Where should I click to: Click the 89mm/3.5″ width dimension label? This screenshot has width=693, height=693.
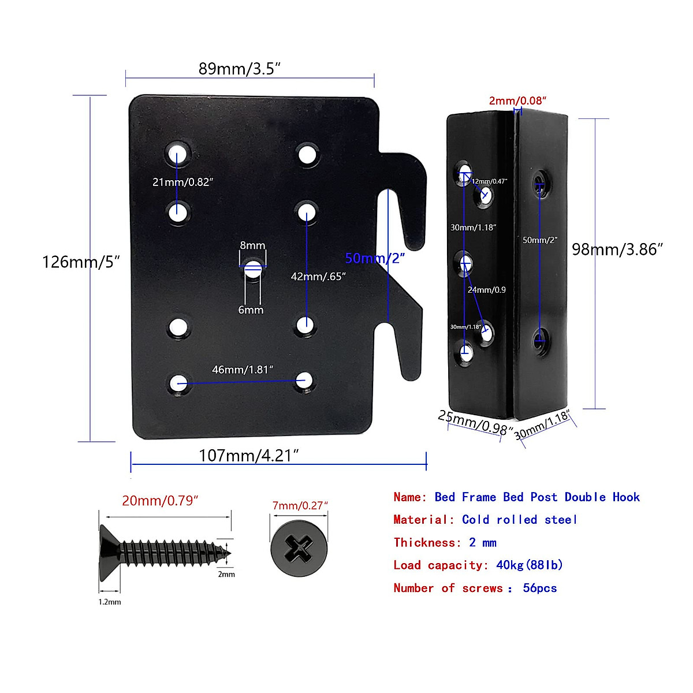[x=239, y=69]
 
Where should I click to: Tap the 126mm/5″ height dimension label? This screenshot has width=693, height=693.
[x=81, y=262]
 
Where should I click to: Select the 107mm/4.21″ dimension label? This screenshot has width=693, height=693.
[x=248, y=456]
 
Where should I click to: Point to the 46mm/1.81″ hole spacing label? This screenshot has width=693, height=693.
[x=243, y=370]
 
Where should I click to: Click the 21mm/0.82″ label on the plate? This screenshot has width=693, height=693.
[x=182, y=182]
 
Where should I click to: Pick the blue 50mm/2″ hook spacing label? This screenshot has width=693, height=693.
[x=375, y=258]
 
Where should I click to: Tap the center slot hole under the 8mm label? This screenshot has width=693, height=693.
[x=252, y=269]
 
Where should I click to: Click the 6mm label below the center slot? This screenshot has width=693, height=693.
[x=251, y=310]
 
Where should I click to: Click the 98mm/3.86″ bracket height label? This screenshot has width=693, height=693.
[x=617, y=249]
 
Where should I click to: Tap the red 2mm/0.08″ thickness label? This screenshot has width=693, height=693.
[x=517, y=100]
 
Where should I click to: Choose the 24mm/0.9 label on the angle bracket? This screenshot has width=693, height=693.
[x=486, y=290]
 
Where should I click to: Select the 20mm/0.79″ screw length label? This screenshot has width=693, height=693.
[x=160, y=501]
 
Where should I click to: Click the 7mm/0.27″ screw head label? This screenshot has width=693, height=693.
[x=300, y=506]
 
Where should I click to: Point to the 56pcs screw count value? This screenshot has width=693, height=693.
[x=539, y=588]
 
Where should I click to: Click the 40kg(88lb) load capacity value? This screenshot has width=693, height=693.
[x=529, y=565]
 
